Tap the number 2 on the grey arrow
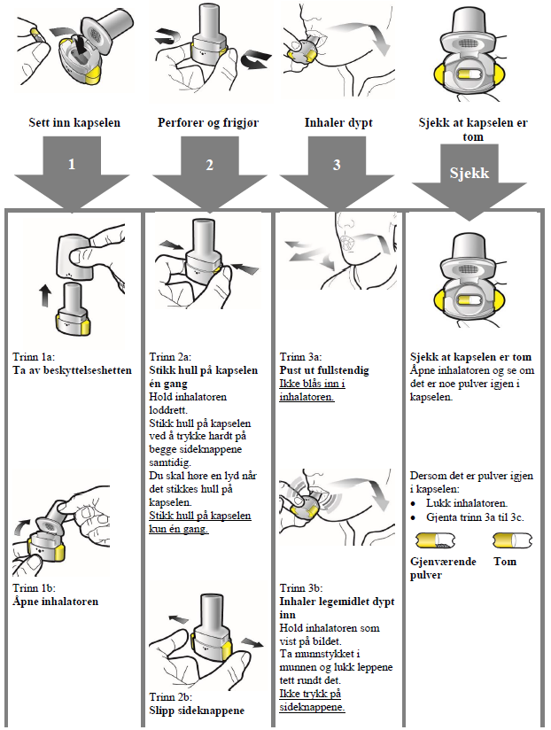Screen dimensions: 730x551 coord(210,165)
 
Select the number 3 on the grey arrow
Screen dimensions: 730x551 coord(337,165)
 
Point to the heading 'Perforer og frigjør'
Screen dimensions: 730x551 coord(207,123)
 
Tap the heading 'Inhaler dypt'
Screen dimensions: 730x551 coord(338,123)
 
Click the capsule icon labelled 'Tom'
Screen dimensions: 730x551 coord(511,541)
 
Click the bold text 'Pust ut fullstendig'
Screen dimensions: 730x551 coord(324,370)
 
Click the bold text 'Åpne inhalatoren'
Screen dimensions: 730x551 coord(55,602)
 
